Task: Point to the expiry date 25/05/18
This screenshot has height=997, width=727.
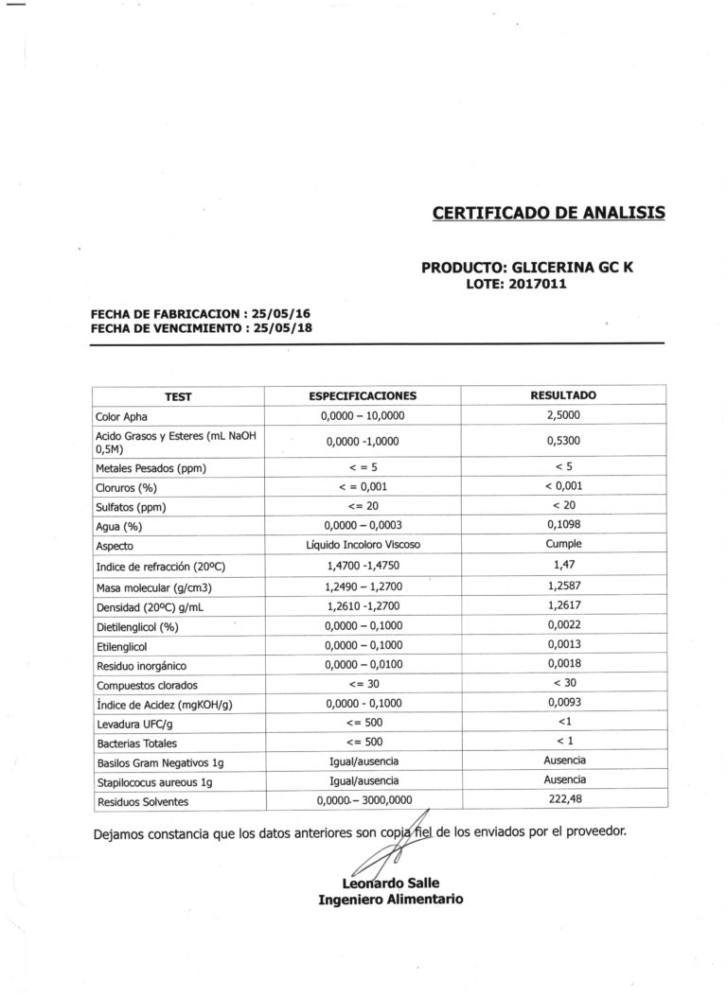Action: click(x=281, y=328)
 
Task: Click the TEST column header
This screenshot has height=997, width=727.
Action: click(x=178, y=396)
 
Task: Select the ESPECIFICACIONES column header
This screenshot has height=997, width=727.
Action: click(x=363, y=395)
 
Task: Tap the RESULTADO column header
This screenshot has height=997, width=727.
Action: click(x=563, y=394)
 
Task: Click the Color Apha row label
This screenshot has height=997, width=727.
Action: click(x=122, y=416)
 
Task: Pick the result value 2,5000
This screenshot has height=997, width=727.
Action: click(x=563, y=415)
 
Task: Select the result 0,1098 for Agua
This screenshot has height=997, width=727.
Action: click(x=563, y=526)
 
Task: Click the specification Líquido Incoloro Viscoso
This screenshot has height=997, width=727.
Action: click(x=363, y=546)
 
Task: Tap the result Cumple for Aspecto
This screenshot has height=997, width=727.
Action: click(x=563, y=545)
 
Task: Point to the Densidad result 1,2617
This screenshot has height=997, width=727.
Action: click(x=563, y=605)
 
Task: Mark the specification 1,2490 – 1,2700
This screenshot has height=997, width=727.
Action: click(x=363, y=586)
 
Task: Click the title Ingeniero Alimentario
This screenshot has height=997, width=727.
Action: click(x=390, y=900)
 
